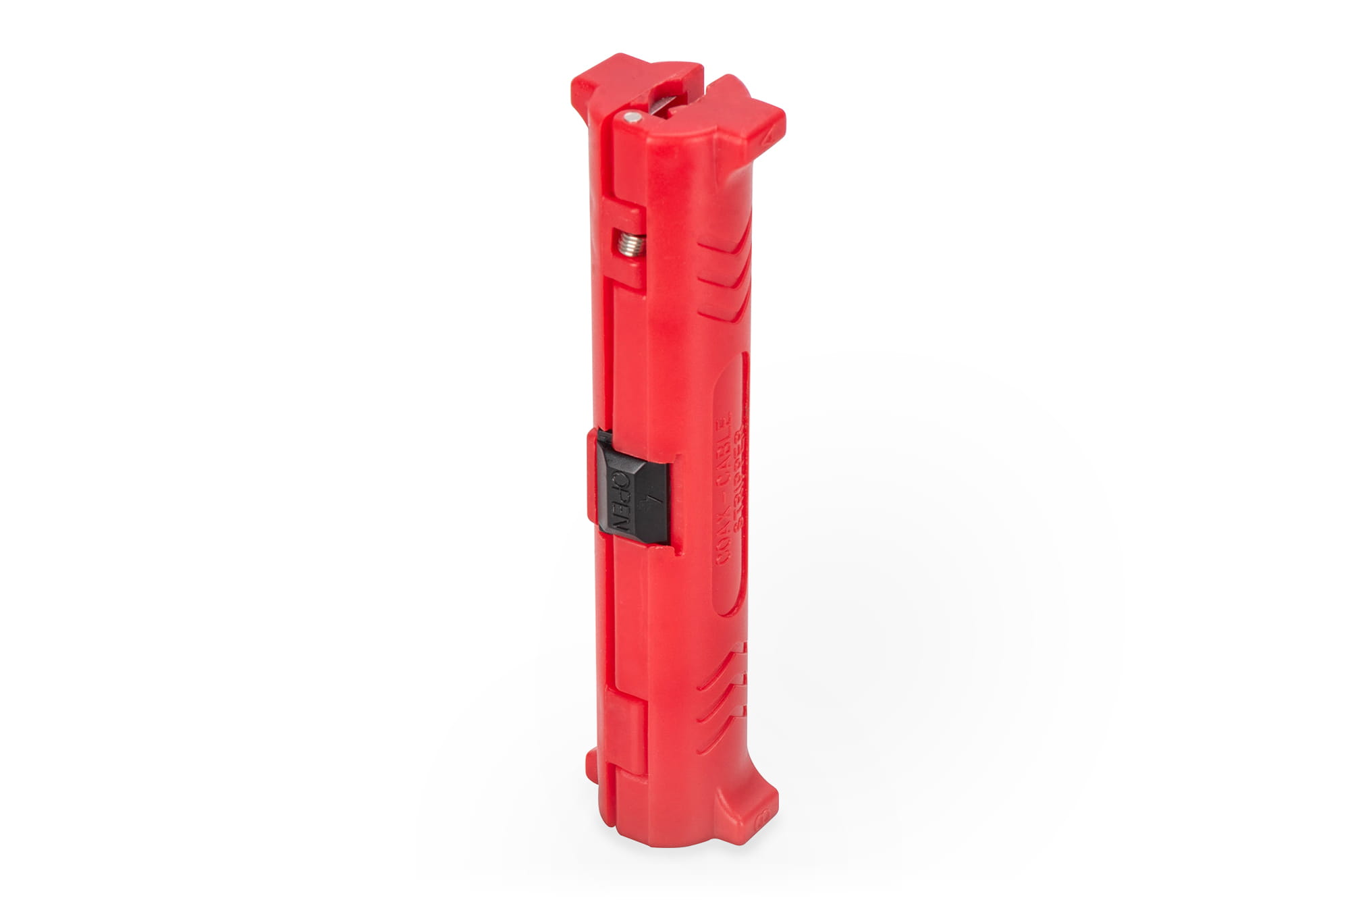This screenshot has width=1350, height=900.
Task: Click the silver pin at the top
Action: click(x=632, y=117)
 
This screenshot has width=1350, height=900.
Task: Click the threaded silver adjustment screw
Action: click(x=630, y=244)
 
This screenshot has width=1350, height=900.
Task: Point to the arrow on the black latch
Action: click(x=651, y=503)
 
